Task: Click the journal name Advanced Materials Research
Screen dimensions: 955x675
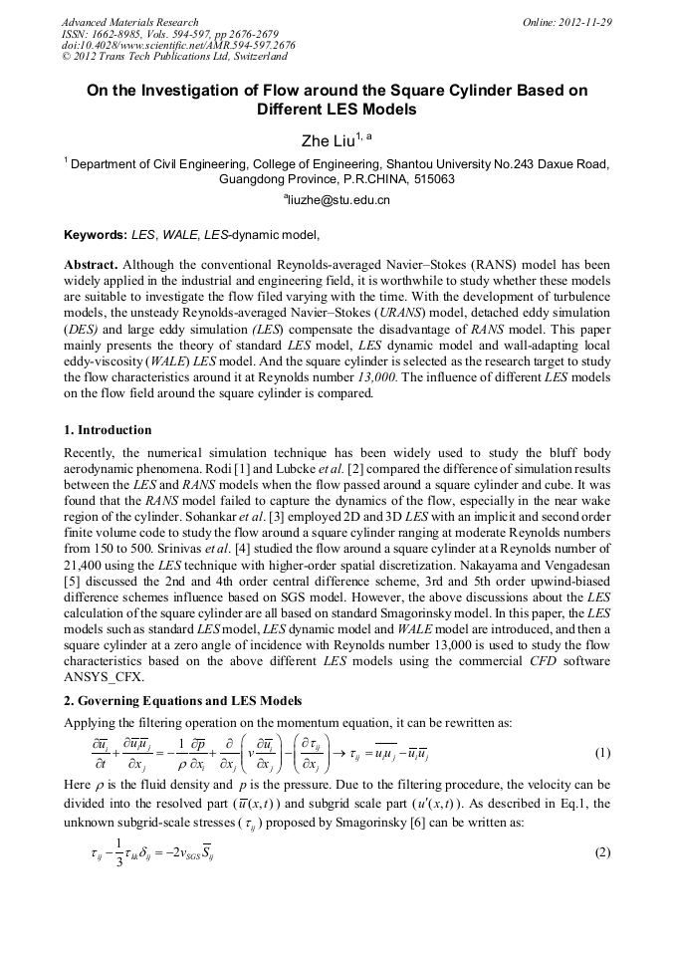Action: (x=129, y=22)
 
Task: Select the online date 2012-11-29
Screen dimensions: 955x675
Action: (x=585, y=22)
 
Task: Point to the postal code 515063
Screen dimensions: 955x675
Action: (x=430, y=180)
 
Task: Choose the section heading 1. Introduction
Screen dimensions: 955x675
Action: (x=108, y=430)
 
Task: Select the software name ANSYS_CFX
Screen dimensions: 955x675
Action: (x=108, y=676)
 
